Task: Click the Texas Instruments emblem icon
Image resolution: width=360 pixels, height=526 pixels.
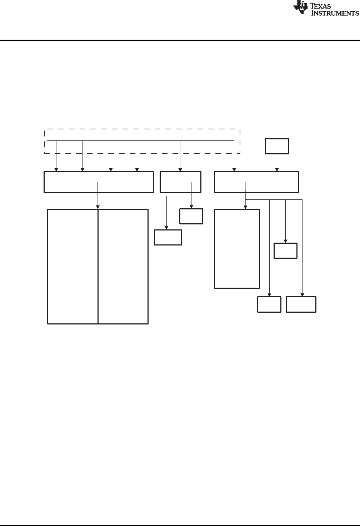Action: click(300, 8)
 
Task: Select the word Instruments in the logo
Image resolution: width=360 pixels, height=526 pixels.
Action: click(335, 13)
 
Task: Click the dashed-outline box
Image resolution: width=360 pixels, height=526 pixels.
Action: click(142, 141)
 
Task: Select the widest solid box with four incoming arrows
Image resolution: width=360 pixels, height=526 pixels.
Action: click(99, 182)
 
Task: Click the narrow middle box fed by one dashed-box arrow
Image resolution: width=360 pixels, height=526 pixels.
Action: click(180, 182)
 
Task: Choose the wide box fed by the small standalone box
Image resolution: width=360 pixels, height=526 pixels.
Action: click(256, 182)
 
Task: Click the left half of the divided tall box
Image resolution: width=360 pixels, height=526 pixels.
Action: click(73, 267)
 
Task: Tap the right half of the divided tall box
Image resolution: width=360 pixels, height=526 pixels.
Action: click(123, 267)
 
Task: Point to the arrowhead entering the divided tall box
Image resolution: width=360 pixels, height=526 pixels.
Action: click(98, 207)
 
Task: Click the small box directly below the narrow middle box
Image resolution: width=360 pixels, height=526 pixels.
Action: click(191, 217)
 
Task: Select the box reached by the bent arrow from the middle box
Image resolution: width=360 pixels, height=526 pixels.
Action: click(168, 238)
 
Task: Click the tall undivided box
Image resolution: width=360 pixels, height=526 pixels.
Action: click(237, 249)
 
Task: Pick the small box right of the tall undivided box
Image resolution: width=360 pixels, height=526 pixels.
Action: click(285, 250)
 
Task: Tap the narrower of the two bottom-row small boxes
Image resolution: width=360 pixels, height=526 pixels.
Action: click(269, 304)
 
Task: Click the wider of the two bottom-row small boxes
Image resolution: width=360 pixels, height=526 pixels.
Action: click(301, 304)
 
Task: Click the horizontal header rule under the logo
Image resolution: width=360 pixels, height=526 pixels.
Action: click(180, 40)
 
